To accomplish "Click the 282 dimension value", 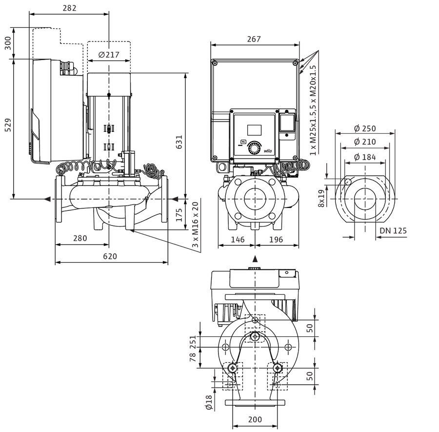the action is [x=69, y=8].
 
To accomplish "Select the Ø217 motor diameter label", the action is [x=109, y=54].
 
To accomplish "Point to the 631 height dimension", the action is [x=179, y=142].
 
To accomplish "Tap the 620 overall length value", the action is [x=110, y=256].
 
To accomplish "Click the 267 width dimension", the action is [x=254, y=39].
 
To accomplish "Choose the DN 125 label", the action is [x=393, y=230].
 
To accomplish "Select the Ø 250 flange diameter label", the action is [x=365, y=128].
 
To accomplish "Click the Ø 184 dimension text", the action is [x=365, y=157].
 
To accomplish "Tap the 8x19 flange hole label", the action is [x=321, y=198].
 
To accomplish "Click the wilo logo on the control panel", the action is [x=268, y=151].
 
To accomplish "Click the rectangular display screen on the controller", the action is [x=254, y=130].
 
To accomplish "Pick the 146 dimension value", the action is [x=238, y=240].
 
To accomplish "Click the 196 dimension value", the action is [x=276, y=240].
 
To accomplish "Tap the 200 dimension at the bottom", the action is [x=255, y=419].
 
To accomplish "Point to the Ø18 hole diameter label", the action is [x=209, y=402].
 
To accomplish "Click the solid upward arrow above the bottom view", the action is [x=255, y=259].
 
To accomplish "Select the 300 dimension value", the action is [x=8, y=43].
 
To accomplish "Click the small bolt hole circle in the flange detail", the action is [x=348, y=182].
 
